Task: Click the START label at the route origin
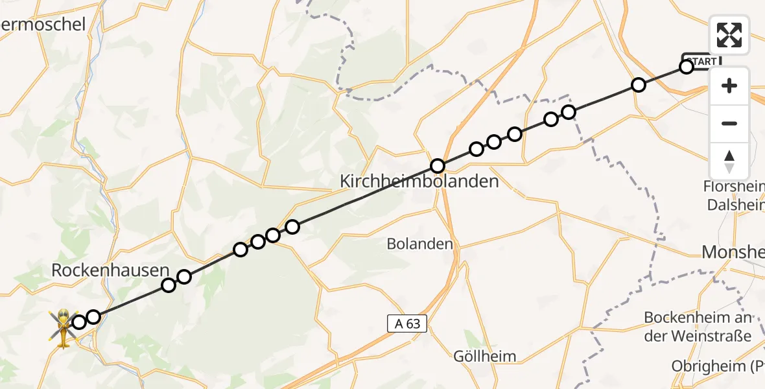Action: [x=701, y=61]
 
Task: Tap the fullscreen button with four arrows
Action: [x=729, y=35]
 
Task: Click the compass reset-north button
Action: [x=729, y=161]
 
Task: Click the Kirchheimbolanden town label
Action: [x=419, y=182]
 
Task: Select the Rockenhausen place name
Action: [x=110, y=270]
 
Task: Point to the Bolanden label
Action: [x=419, y=244]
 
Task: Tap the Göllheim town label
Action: [x=485, y=356]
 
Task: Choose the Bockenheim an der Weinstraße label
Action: [x=698, y=326]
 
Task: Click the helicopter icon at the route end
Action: [x=64, y=327]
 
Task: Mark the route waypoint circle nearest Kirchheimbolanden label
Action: [x=438, y=166]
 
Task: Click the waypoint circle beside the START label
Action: [x=687, y=67]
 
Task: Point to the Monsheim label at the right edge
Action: [x=733, y=252]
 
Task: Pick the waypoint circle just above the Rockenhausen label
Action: [x=169, y=285]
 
